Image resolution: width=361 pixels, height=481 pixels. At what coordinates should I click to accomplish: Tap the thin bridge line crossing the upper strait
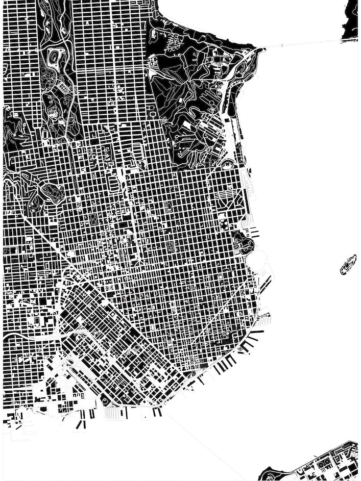[301, 44]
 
